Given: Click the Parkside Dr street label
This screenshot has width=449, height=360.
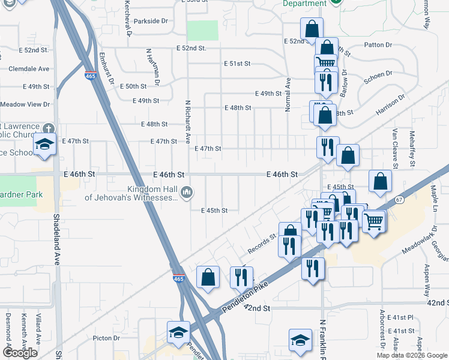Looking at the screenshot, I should [x=151, y=21].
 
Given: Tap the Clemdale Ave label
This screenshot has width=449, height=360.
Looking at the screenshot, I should [x=28, y=69].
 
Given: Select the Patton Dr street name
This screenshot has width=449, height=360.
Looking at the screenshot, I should [x=378, y=45].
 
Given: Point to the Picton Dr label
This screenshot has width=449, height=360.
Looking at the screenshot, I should [x=107, y=338].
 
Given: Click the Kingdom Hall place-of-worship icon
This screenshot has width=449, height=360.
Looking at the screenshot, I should [x=187, y=192].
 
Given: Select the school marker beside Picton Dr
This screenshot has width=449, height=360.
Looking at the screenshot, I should [x=178, y=332].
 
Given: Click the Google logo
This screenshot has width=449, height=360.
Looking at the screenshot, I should [x=20, y=353].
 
